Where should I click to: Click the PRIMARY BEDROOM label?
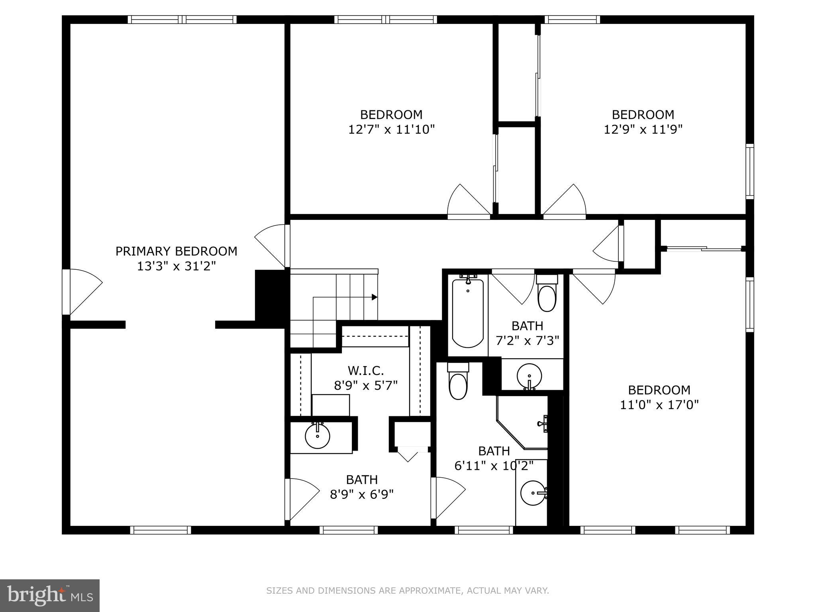pos(176,251)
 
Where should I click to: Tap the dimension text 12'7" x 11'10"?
pos(391,129)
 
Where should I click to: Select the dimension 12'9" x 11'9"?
pos(643,129)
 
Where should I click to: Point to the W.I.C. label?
pos(366,371)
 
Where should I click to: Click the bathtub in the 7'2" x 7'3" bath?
pos(468,313)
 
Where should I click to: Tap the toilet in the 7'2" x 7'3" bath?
pos(547,295)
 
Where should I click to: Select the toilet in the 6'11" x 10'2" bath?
pos(457,382)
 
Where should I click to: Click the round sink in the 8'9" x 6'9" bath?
pos(318,436)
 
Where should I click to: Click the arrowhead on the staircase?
pos(375,297)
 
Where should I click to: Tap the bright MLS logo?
pos(50,596)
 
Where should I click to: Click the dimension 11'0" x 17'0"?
pos(659,405)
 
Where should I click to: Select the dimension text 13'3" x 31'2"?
pos(176,266)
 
